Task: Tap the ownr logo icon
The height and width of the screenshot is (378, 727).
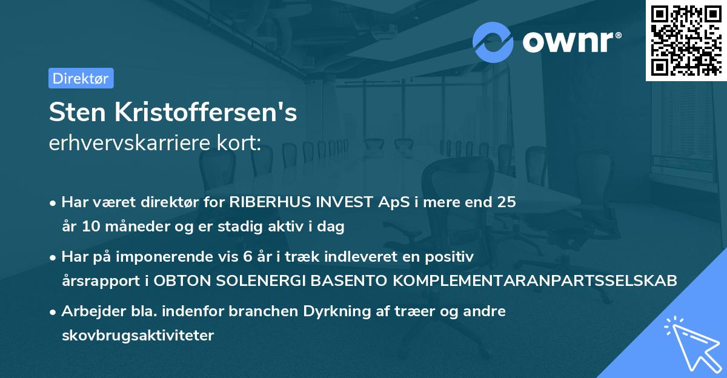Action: (493, 42)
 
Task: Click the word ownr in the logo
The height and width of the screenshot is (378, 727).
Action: (569, 42)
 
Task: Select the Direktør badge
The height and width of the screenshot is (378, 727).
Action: (81, 78)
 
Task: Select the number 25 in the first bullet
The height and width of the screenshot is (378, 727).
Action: (506, 202)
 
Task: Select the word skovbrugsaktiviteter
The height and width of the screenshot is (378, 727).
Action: (138, 336)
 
